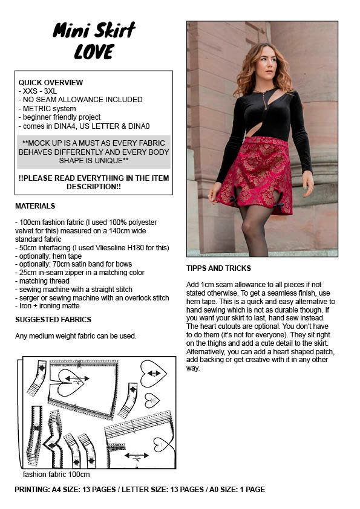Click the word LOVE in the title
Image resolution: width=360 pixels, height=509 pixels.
[x=94, y=52]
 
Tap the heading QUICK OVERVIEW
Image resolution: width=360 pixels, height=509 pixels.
[x=51, y=82]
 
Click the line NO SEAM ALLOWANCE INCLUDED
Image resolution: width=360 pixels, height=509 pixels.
[x=80, y=100]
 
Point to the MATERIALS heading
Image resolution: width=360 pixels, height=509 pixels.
[x=35, y=206]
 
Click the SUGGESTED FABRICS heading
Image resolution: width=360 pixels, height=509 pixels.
[x=53, y=319]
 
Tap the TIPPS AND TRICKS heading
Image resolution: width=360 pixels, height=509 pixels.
[x=218, y=268]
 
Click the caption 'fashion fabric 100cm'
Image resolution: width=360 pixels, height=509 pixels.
[x=56, y=475]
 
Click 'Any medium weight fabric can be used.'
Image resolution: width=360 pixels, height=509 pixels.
[x=76, y=336]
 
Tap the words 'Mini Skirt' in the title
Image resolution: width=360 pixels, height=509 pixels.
[x=94, y=30]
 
